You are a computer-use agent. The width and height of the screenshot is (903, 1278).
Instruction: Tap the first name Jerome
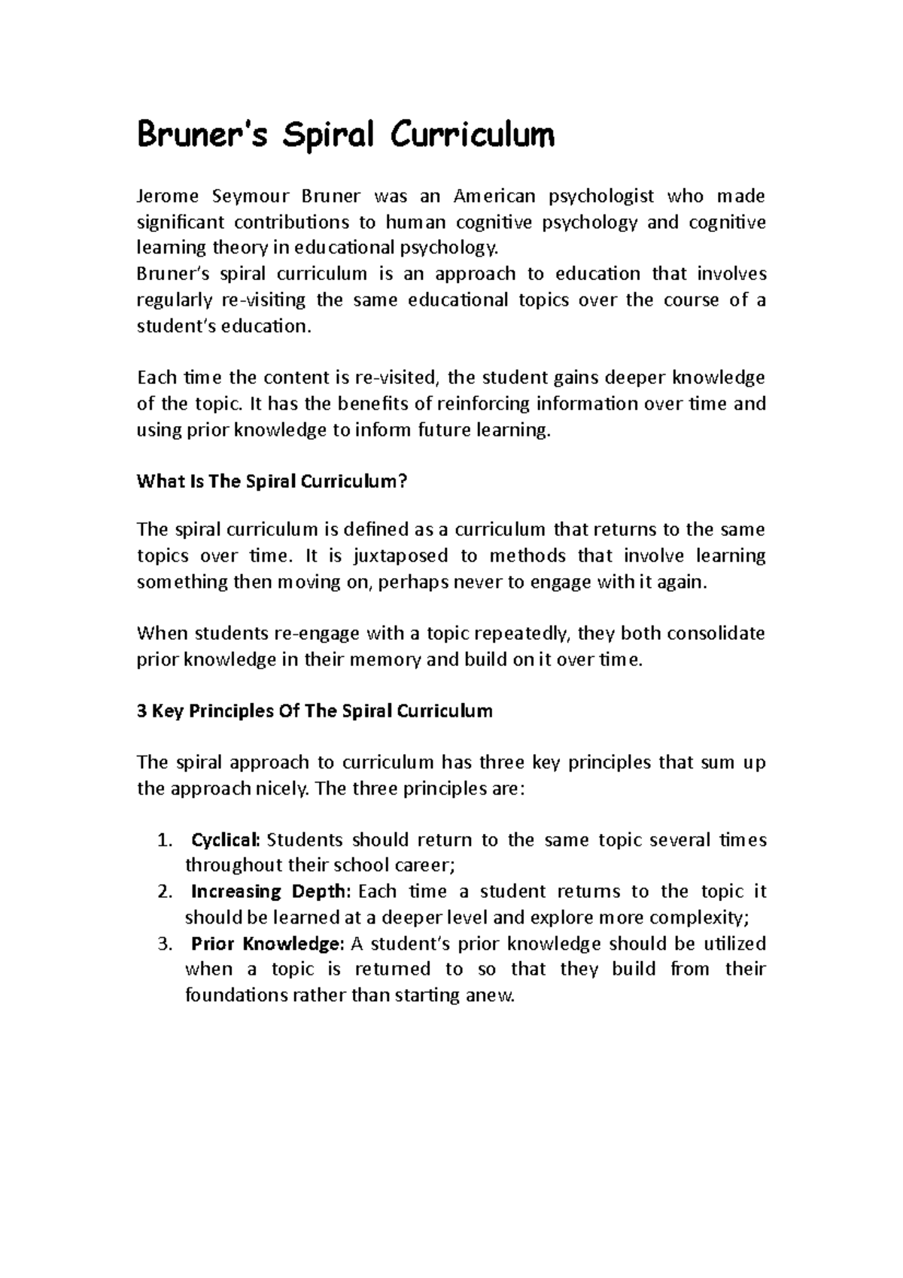pos(167,197)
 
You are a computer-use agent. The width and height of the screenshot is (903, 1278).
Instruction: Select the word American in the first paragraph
pos(494,197)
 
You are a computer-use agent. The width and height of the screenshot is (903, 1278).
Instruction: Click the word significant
pos(180,223)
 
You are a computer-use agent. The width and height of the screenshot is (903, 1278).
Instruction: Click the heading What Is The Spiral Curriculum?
pos(272,482)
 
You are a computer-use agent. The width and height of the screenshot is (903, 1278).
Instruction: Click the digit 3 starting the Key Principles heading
pos(141,711)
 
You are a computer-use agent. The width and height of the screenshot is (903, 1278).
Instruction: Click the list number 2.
pos(166,892)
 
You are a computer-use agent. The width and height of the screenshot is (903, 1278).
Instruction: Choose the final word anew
pos(497,996)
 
